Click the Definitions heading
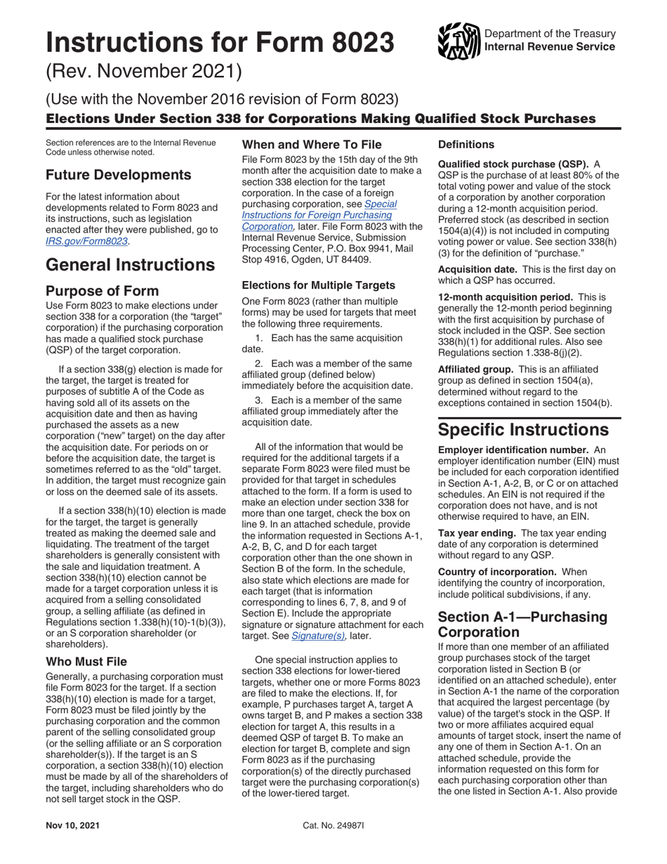[466, 144]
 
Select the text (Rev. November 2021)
[144, 71]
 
